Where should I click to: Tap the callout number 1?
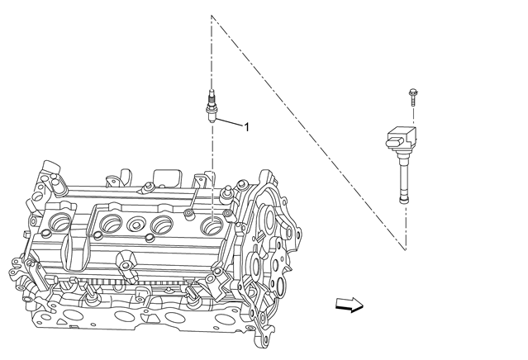tap(245, 127)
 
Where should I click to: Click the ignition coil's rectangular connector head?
tap(401, 135)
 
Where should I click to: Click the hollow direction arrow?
tap(349, 306)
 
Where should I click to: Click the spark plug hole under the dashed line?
tap(212, 221)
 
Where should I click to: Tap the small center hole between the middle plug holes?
tap(134, 222)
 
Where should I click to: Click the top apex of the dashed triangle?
tap(212, 17)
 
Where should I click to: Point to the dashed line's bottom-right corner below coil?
tap(406, 249)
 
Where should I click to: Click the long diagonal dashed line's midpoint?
tap(308, 132)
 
